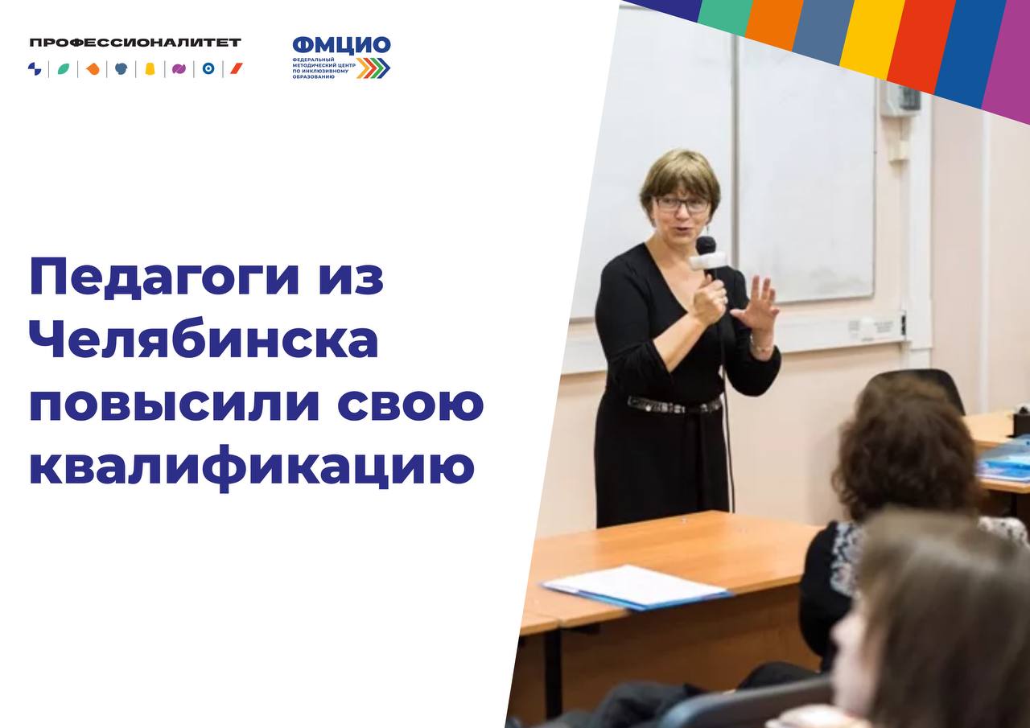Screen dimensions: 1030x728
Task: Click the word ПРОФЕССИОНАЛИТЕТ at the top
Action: pyautogui.click(x=135, y=43)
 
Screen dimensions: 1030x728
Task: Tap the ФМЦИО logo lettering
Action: pyautogui.click(x=342, y=45)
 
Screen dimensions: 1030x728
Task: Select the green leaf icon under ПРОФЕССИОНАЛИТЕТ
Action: pyautogui.click(x=64, y=69)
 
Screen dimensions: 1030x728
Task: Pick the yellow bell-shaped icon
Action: pyautogui.click(x=150, y=69)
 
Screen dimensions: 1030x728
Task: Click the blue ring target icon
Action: pyautogui.click(x=208, y=69)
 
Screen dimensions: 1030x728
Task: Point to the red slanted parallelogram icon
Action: pyautogui.click(x=237, y=69)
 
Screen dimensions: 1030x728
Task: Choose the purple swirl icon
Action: pyautogui.click(x=179, y=69)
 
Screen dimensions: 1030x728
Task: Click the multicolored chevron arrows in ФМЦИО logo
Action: pyautogui.click(x=373, y=68)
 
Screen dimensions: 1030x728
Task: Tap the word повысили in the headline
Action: pyautogui.click(x=175, y=405)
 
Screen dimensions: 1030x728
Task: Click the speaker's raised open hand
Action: pyautogui.click(x=756, y=304)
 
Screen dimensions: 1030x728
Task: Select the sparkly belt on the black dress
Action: pyautogui.click(x=674, y=405)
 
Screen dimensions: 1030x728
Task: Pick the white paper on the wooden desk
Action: pyautogui.click(x=636, y=587)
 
